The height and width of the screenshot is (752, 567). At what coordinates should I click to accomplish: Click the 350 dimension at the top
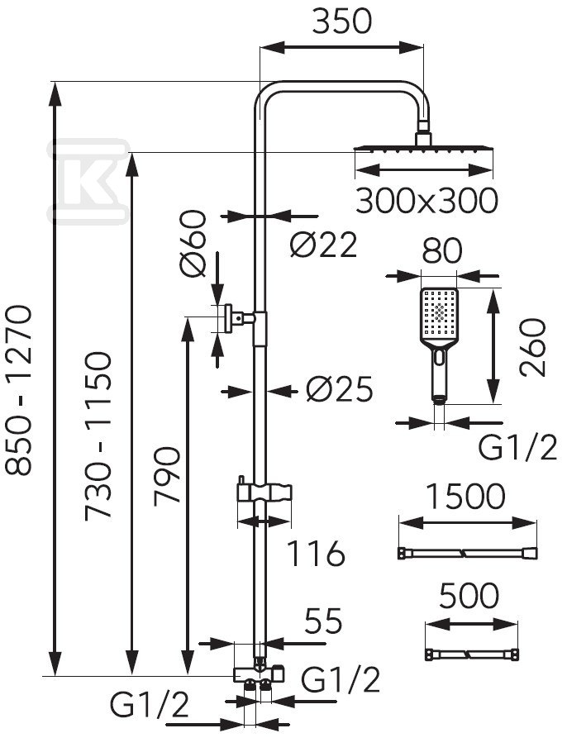click(x=341, y=21)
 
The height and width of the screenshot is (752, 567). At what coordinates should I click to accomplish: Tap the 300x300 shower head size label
click(x=426, y=201)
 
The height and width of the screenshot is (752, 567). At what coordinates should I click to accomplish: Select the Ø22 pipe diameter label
click(x=323, y=245)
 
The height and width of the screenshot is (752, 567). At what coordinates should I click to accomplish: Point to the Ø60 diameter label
click(x=193, y=244)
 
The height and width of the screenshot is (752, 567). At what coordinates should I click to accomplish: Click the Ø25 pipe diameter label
click(x=340, y=389)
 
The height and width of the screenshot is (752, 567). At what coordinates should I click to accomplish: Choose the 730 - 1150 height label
click(x=98, y=436)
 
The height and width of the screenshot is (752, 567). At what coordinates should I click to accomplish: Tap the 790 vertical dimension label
click(x=167, y=476)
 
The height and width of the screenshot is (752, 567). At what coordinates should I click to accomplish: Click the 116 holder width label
click(x=316, y=554)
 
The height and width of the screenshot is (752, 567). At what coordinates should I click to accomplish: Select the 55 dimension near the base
click(x=324, y=621)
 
